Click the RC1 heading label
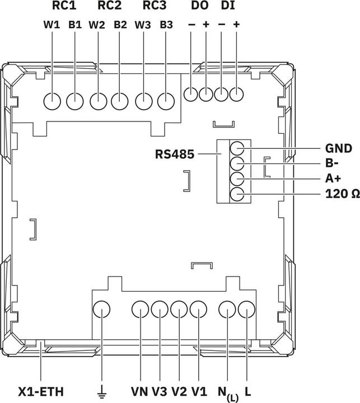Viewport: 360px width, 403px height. [x=64, y=6]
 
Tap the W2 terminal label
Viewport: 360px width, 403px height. [x=97, y=25]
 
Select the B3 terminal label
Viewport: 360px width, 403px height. [x=166, y=25]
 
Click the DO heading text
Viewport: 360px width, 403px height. [x=199, y=6]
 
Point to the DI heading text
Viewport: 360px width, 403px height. [x=228, y=6]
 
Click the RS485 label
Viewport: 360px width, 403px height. [x=175, y=154]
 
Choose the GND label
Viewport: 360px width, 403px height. [x=339, y=148]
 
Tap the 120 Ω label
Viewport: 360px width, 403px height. [x=343, y=194]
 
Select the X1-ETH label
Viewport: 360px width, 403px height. [x=41, y=392]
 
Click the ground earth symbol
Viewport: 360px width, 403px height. [x=102, y=392]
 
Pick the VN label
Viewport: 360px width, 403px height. [x=139, y=392]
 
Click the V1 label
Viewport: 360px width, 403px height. [x=199, y=392]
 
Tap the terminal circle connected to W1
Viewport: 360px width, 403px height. [x=52, y=101]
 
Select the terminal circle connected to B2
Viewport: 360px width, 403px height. [x=120, y=101]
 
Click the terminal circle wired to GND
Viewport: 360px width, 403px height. [x=237, y=148]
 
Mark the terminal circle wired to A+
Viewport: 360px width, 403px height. [x=237, y=179]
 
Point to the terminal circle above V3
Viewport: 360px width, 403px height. [x=160, y=310]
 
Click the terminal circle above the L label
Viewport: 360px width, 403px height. [x=246, y=310]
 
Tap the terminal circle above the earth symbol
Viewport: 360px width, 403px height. [x=101, y=310]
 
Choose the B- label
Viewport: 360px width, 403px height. [x=331, y=163]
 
